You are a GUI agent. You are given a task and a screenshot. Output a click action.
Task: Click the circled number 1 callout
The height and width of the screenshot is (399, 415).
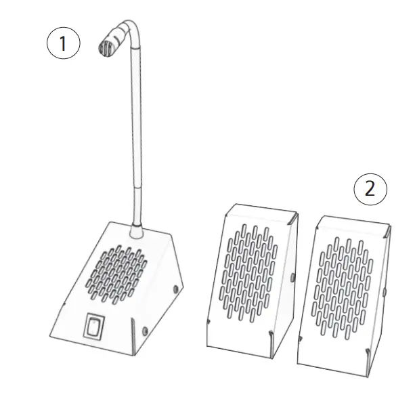click(63, 44)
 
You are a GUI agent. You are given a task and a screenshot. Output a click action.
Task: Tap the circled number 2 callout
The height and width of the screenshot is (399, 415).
click(370, 188)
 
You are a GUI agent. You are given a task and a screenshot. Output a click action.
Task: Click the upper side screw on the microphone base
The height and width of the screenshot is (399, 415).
click(177, 289)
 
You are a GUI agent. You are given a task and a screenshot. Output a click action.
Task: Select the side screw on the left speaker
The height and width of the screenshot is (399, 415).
click(292, 277)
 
